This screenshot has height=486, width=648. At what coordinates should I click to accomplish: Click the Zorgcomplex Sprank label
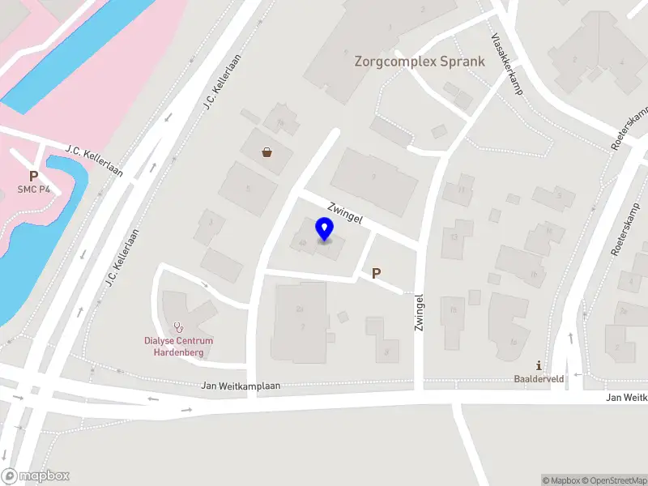(420, 62)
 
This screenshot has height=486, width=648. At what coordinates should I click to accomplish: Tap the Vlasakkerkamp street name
(508, 64)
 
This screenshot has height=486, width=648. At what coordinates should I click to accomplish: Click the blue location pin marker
(325, 229)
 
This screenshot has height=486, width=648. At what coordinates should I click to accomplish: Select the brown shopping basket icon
(266, 151)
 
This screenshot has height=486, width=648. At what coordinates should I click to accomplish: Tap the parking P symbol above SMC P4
(34, 176)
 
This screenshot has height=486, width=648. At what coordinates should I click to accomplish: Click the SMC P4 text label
(34, 190)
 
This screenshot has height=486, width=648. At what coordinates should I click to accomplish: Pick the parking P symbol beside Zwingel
(376, 274)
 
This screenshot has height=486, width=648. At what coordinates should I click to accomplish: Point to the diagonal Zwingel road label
(344, 212)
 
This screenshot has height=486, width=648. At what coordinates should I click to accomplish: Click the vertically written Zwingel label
(419, 312)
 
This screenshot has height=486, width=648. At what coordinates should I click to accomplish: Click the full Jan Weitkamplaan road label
(241, 386)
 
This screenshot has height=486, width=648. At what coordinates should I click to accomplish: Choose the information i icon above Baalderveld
(539, 366)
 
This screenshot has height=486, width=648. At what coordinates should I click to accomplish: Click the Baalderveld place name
(539, 378)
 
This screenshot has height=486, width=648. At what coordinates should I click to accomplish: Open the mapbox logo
(36, 476)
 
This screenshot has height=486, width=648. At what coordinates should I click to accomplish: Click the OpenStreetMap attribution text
(612, 480)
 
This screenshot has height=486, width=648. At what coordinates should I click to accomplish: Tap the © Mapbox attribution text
(558, 480)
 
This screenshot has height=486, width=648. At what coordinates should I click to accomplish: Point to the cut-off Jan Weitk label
(626, 397)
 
